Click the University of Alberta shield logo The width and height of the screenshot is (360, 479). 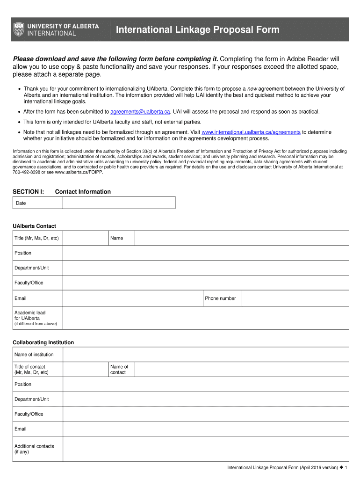tap(19, 29)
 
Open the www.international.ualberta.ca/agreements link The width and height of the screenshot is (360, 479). tap(251, 132)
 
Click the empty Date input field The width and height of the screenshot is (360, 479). tap(119, 203)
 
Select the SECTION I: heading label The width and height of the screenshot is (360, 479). tap(28, 192)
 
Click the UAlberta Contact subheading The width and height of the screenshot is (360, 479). tap(34, 226)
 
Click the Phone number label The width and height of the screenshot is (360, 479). tap(220, 298)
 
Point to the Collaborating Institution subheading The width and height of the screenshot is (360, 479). tap(43, 342)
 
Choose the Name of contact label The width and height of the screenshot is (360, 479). tap(119, 370)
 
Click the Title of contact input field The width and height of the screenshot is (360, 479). tap(85, 370)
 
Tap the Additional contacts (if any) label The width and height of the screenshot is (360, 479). tap(34, 449)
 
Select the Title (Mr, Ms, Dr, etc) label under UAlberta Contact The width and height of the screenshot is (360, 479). tap(36, 238)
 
